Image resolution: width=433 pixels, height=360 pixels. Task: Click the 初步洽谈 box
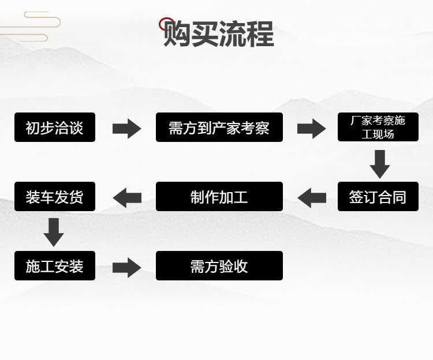click(55, 127)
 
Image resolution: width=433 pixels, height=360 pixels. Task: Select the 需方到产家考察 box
click(219, 127)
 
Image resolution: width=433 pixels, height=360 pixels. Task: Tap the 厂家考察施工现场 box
click(378, 127)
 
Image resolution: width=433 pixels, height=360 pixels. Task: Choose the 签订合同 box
click(378, 197)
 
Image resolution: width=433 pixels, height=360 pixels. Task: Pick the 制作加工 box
click(219, 197)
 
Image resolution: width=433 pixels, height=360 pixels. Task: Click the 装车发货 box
click(55, 197)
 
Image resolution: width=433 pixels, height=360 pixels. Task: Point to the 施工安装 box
click(55, 266)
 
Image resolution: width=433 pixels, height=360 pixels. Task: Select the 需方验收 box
click(219, 266)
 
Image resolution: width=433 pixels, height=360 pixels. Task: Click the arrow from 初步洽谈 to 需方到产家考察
click(126, 128)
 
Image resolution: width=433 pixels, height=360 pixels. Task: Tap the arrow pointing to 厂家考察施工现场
click(311, 128)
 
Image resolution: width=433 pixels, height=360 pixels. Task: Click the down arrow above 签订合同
click(379, 164)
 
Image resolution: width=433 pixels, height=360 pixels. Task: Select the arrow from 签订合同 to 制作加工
click(311, 197)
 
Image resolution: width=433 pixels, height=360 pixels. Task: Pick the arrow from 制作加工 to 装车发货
click(127, 197)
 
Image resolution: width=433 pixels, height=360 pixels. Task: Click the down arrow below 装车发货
click(54, 232)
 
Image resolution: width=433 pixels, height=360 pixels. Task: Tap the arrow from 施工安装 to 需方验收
click(126, 267)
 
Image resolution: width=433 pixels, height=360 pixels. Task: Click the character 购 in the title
click(177, 35)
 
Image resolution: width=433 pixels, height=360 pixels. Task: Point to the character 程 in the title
click(260, 35)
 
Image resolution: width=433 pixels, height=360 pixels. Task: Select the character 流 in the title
click(232, 35)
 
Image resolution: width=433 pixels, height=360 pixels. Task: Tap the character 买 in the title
click(204, 35)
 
